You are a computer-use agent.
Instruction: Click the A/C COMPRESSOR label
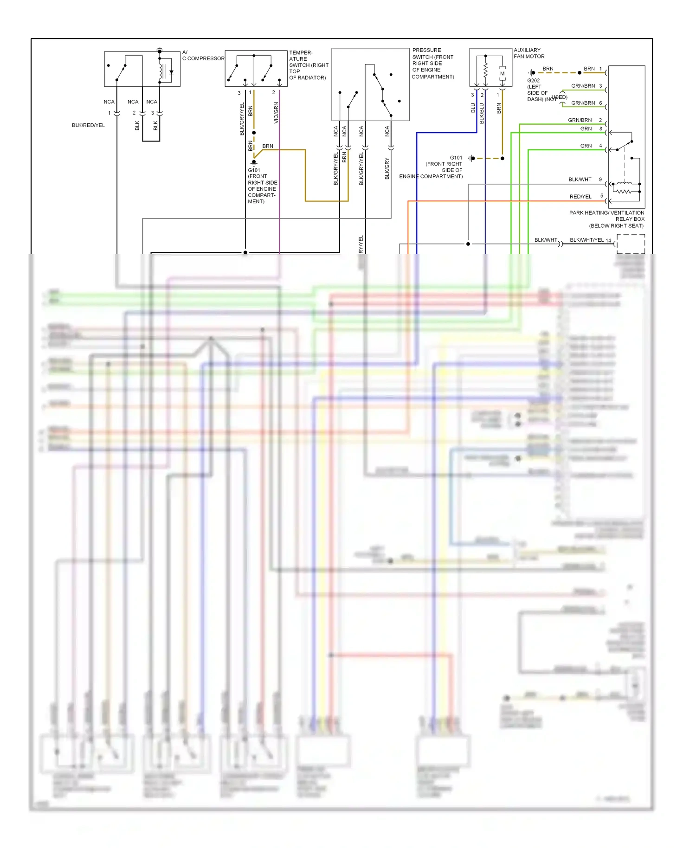pyautogui.click(x=203, y=56)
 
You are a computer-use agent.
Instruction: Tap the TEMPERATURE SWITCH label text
pyautogui.click(x=308, y=65)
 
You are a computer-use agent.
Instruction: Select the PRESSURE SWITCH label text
pyautogui.click(x=432, y=63)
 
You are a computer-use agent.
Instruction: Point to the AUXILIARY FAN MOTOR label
pyautogui.click(x=528, y=53)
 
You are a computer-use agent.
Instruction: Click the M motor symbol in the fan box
pyautogui.click(x=502, y=74)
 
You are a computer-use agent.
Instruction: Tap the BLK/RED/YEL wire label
pyautogui.click(x=88, y=125)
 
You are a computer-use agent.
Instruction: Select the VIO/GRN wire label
pyautogui.click(x=276, y=113)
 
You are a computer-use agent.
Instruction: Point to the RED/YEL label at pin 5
pyautogui.click(x=580, y=197)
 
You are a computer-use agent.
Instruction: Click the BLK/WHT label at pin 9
pyautogui.click(x=580, y=180)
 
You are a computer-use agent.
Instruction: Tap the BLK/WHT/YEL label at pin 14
pyautogui.click(x=586, y=240)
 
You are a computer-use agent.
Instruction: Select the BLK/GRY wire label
pyautogui.click(x=387, y=168)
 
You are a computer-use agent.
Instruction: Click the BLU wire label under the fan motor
pyautogui.click(x=473, y=108)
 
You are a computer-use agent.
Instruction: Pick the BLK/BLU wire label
pyautogui.click(x=482, y=113)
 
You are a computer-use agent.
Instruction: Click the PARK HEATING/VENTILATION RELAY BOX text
pyautogui.click(x=606, y=219)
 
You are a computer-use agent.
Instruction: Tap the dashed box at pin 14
pyautogui.click(x=631, y=244)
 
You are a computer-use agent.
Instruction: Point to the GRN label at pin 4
pyautogui.click(x=586, y=146)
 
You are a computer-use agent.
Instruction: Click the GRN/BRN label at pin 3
pyautogui.click(x=583, y=86)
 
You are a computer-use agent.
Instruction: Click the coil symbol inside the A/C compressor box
pyautogui.click(x=161, y=71)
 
